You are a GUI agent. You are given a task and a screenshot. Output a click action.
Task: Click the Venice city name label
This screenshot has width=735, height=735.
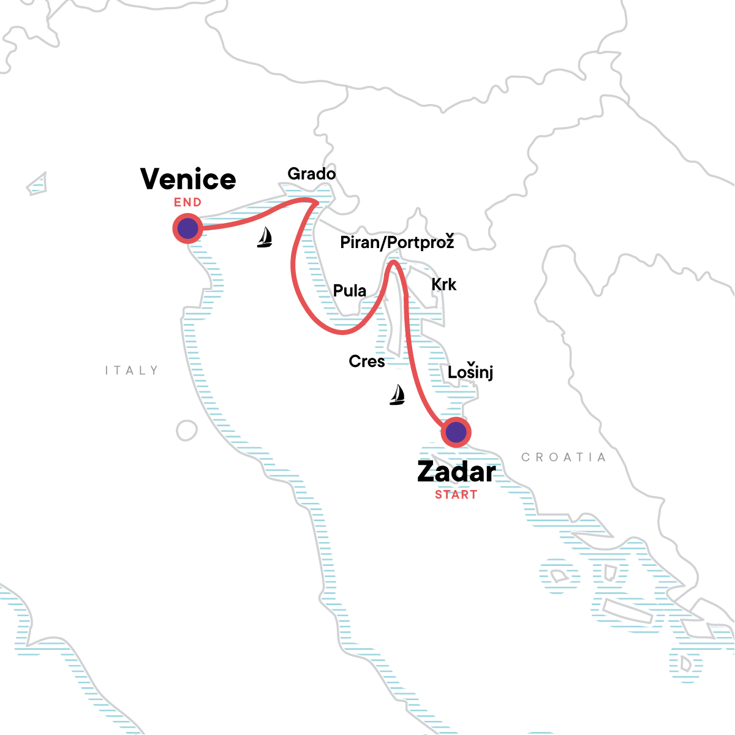coord(188,179)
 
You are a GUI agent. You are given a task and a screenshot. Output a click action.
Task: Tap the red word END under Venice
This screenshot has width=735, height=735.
coord(187,203)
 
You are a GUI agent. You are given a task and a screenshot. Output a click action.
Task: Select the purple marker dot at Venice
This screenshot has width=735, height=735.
coord(187,228)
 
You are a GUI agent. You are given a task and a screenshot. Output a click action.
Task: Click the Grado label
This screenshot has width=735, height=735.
coord(312,174)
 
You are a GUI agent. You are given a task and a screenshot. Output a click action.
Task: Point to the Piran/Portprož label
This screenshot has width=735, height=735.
coord(397,243)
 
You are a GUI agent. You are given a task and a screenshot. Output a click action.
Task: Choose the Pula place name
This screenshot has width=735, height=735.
coord(350,291)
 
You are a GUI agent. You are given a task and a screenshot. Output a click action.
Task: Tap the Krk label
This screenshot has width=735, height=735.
coord(444,285)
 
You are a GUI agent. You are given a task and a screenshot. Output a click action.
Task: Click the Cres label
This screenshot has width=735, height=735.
coord(367,361)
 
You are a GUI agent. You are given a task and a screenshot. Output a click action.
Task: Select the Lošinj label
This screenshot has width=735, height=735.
coord(470,372)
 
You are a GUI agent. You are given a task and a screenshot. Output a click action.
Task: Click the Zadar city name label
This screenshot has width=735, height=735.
coord(456,472)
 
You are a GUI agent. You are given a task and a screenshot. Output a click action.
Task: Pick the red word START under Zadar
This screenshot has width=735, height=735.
coord(456,495)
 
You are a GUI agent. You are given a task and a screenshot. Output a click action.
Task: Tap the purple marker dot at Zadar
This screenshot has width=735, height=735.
coord(456,433)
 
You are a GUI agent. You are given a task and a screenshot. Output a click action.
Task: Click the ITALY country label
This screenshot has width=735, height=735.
coord(132,371)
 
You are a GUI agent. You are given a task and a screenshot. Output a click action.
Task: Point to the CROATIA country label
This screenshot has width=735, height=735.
coord(563,458)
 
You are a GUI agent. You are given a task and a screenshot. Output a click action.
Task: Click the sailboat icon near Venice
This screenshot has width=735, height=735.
coord(265,237)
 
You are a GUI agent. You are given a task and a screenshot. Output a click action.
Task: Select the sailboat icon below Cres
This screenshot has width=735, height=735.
coord(398,395)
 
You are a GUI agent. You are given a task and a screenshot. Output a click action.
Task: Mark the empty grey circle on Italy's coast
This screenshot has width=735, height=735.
coord(187,431)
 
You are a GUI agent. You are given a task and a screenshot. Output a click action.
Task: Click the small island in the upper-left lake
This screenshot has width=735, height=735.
coord(37,183)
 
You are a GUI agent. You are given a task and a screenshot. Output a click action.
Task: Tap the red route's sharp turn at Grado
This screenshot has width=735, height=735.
coord(316,202)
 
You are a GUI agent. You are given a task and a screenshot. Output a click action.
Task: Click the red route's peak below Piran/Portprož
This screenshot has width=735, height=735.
coord(394,263)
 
